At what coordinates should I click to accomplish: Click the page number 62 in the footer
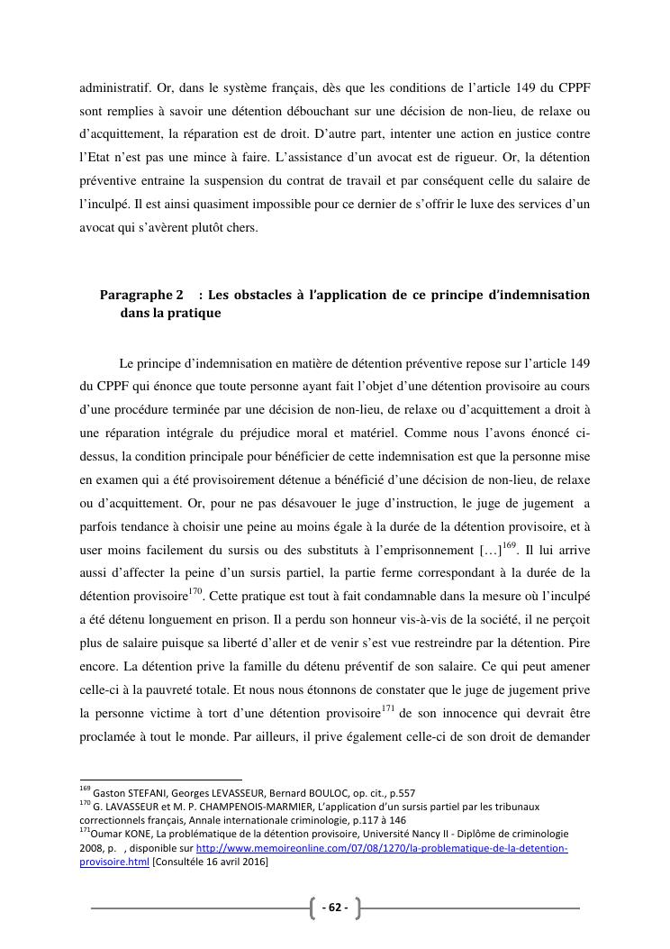click(x=334, y=908)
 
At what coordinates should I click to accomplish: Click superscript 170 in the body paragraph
click(x=195, y=592)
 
